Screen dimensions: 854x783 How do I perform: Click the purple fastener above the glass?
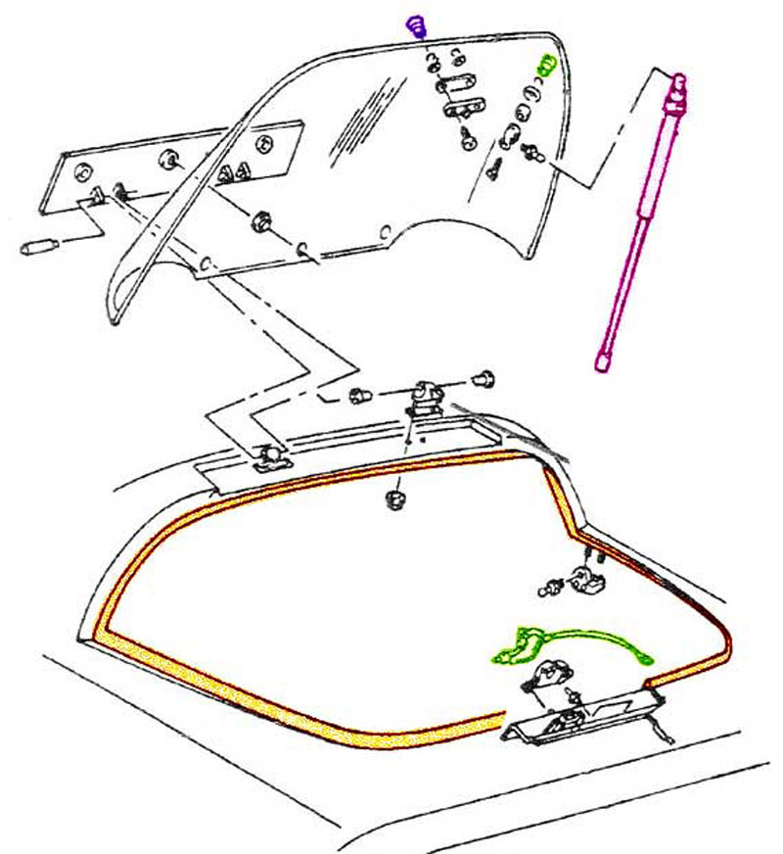pos(418,23)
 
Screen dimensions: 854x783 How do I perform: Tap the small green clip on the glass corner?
pos(546,67)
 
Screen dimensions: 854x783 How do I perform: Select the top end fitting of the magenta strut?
pos(675,89)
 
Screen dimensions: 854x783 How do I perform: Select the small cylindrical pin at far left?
pos(41,246)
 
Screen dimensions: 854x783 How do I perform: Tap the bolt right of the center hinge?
pos(482,378)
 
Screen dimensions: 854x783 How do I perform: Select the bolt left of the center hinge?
pos(358,398)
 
